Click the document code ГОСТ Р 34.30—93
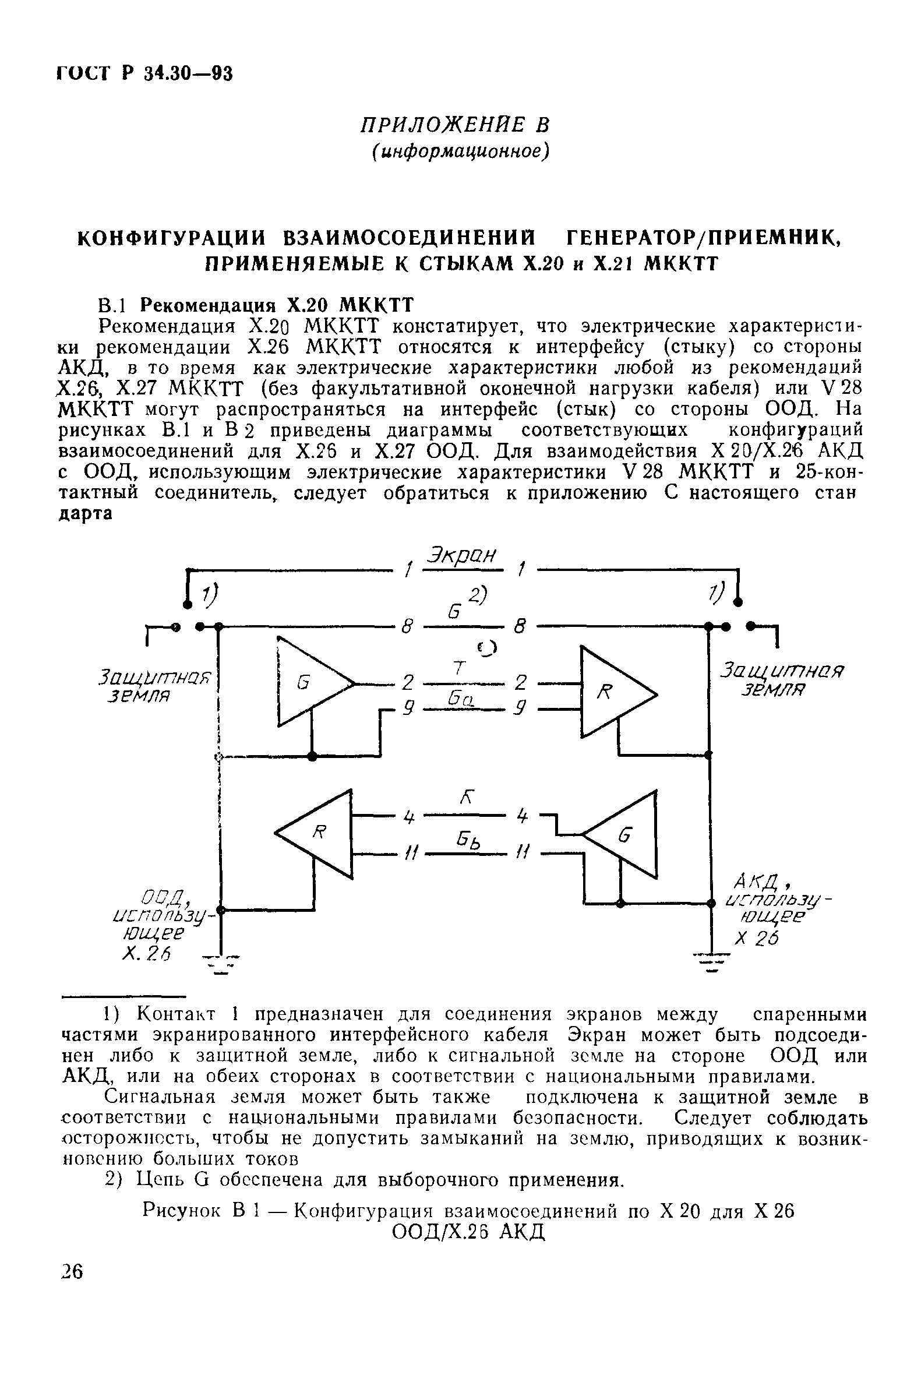click(x=144, y=73)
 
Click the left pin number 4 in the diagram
click(x=409, y=817)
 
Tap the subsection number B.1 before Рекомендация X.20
click(x=112, y=306)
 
